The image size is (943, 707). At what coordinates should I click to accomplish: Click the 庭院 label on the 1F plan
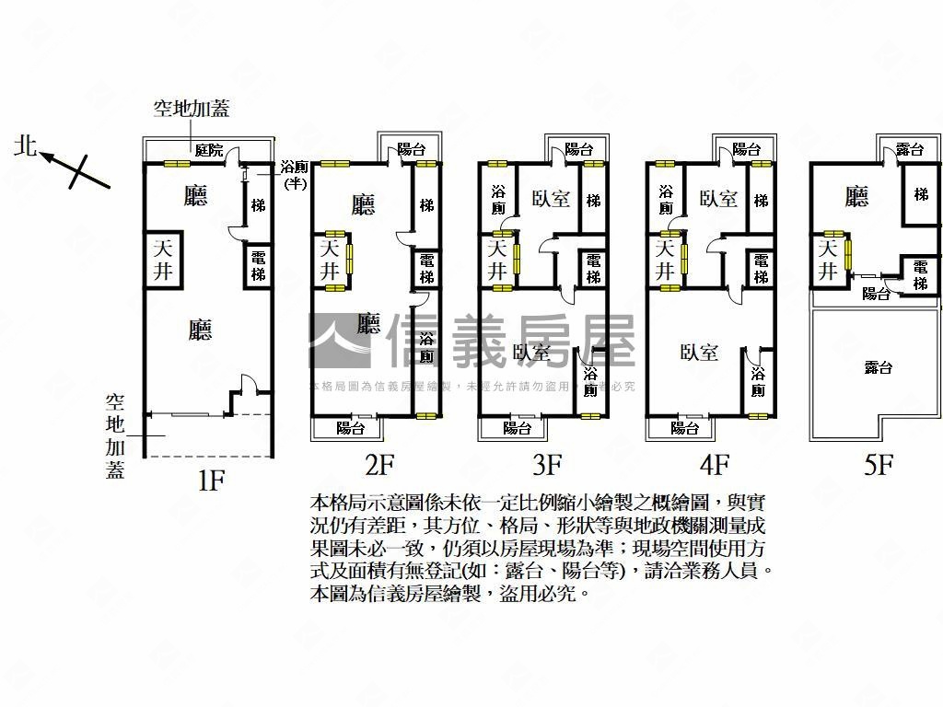[x=208, y=151]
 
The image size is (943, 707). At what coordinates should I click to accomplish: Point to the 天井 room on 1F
[x=163, y=259]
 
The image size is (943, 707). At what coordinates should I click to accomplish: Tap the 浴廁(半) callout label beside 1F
[x=294, y=175]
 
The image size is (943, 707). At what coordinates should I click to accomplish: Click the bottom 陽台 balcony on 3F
[x=517, y=428]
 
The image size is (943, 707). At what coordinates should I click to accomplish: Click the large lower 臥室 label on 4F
[x=699, y=353]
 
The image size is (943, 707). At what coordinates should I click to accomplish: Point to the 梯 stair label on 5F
[x=921, y=194]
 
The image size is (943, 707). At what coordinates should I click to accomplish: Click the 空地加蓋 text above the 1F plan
[x=191, y=109]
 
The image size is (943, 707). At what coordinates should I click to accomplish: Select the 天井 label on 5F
[x=827, y=260]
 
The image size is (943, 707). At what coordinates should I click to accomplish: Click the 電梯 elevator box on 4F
[x=760, y=268]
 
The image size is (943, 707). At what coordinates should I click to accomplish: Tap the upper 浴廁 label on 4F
[x=666, y=200]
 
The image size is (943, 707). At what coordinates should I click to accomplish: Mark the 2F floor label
[x=379, y=465]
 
